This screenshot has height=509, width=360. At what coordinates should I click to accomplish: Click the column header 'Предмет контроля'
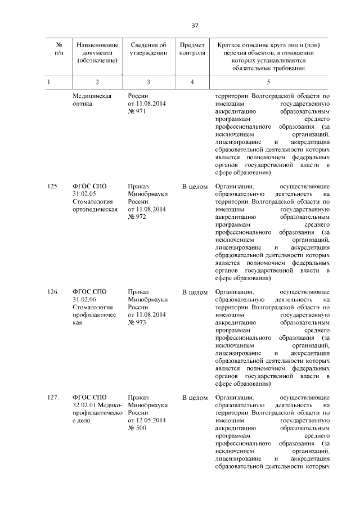click(x=192, y=49)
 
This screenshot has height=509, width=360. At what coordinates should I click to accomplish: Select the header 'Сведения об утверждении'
click(x=148, y=49)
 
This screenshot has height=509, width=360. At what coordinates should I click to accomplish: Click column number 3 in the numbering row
click(x=148, y=82)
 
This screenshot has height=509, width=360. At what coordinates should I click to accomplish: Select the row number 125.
click(x=53, y=186)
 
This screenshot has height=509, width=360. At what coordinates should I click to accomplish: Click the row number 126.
click(x=53, y=292)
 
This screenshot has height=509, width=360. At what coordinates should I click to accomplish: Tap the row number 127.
click(x=53, y=398)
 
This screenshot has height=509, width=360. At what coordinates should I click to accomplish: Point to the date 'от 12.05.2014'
click(x=147, y=421)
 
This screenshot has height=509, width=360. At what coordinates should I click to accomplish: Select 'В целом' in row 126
click(x=195, y=292)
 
